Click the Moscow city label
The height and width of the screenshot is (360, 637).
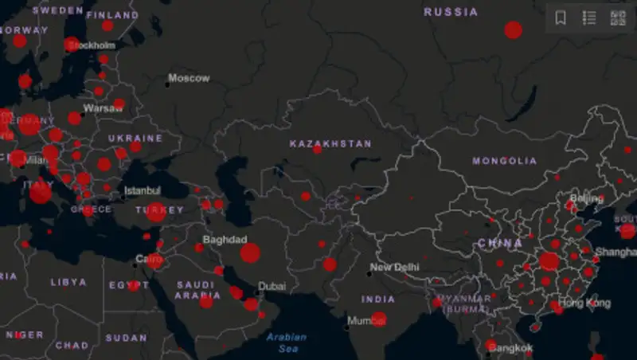point(189,78)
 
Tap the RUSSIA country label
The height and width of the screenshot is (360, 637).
point(451,12)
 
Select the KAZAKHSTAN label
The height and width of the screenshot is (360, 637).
point(330,144)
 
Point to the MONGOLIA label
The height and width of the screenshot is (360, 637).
point(505,161)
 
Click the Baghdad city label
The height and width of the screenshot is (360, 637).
point(225,240)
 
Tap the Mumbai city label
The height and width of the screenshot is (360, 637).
point(366,322)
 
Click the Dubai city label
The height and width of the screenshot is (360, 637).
point(272,287)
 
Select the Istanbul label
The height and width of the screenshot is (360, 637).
point(142,191)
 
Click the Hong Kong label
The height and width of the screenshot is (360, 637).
point(584,303)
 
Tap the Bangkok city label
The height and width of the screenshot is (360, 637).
point(510,349)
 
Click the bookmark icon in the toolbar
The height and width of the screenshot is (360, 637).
point(561,18)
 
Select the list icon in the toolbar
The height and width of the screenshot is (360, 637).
point(589,18)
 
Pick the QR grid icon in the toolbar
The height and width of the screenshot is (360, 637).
point(618,18)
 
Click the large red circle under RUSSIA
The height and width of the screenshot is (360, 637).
point(514,30)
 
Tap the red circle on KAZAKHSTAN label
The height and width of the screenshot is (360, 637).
point(317,149)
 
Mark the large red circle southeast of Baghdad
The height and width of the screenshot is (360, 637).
point(250,253)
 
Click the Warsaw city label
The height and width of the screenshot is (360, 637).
point(103,108)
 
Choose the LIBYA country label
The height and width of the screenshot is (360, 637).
point(68,282)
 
